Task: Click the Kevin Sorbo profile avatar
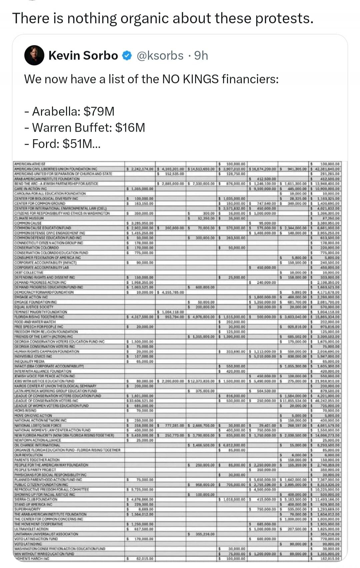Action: (34, 55)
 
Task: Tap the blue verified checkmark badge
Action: (127, 56)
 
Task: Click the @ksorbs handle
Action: (160, 56)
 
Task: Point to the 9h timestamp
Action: (201, 56)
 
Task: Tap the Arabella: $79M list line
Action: (69, 111)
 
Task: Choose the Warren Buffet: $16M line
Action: (85, 128)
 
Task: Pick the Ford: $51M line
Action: (62, 144)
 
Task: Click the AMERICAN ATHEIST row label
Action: (30, 164)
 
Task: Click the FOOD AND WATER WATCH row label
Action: (35, 322)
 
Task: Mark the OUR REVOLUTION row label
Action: (28, 455)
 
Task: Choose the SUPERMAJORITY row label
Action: (27, 509)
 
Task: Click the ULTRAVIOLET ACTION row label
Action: (31, 529)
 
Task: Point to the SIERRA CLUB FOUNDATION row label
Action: (36, 499)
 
